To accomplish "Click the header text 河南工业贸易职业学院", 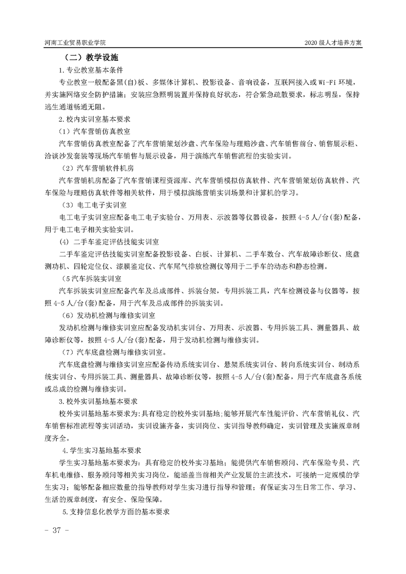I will (78, 43).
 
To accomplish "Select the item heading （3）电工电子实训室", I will (95, 205).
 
